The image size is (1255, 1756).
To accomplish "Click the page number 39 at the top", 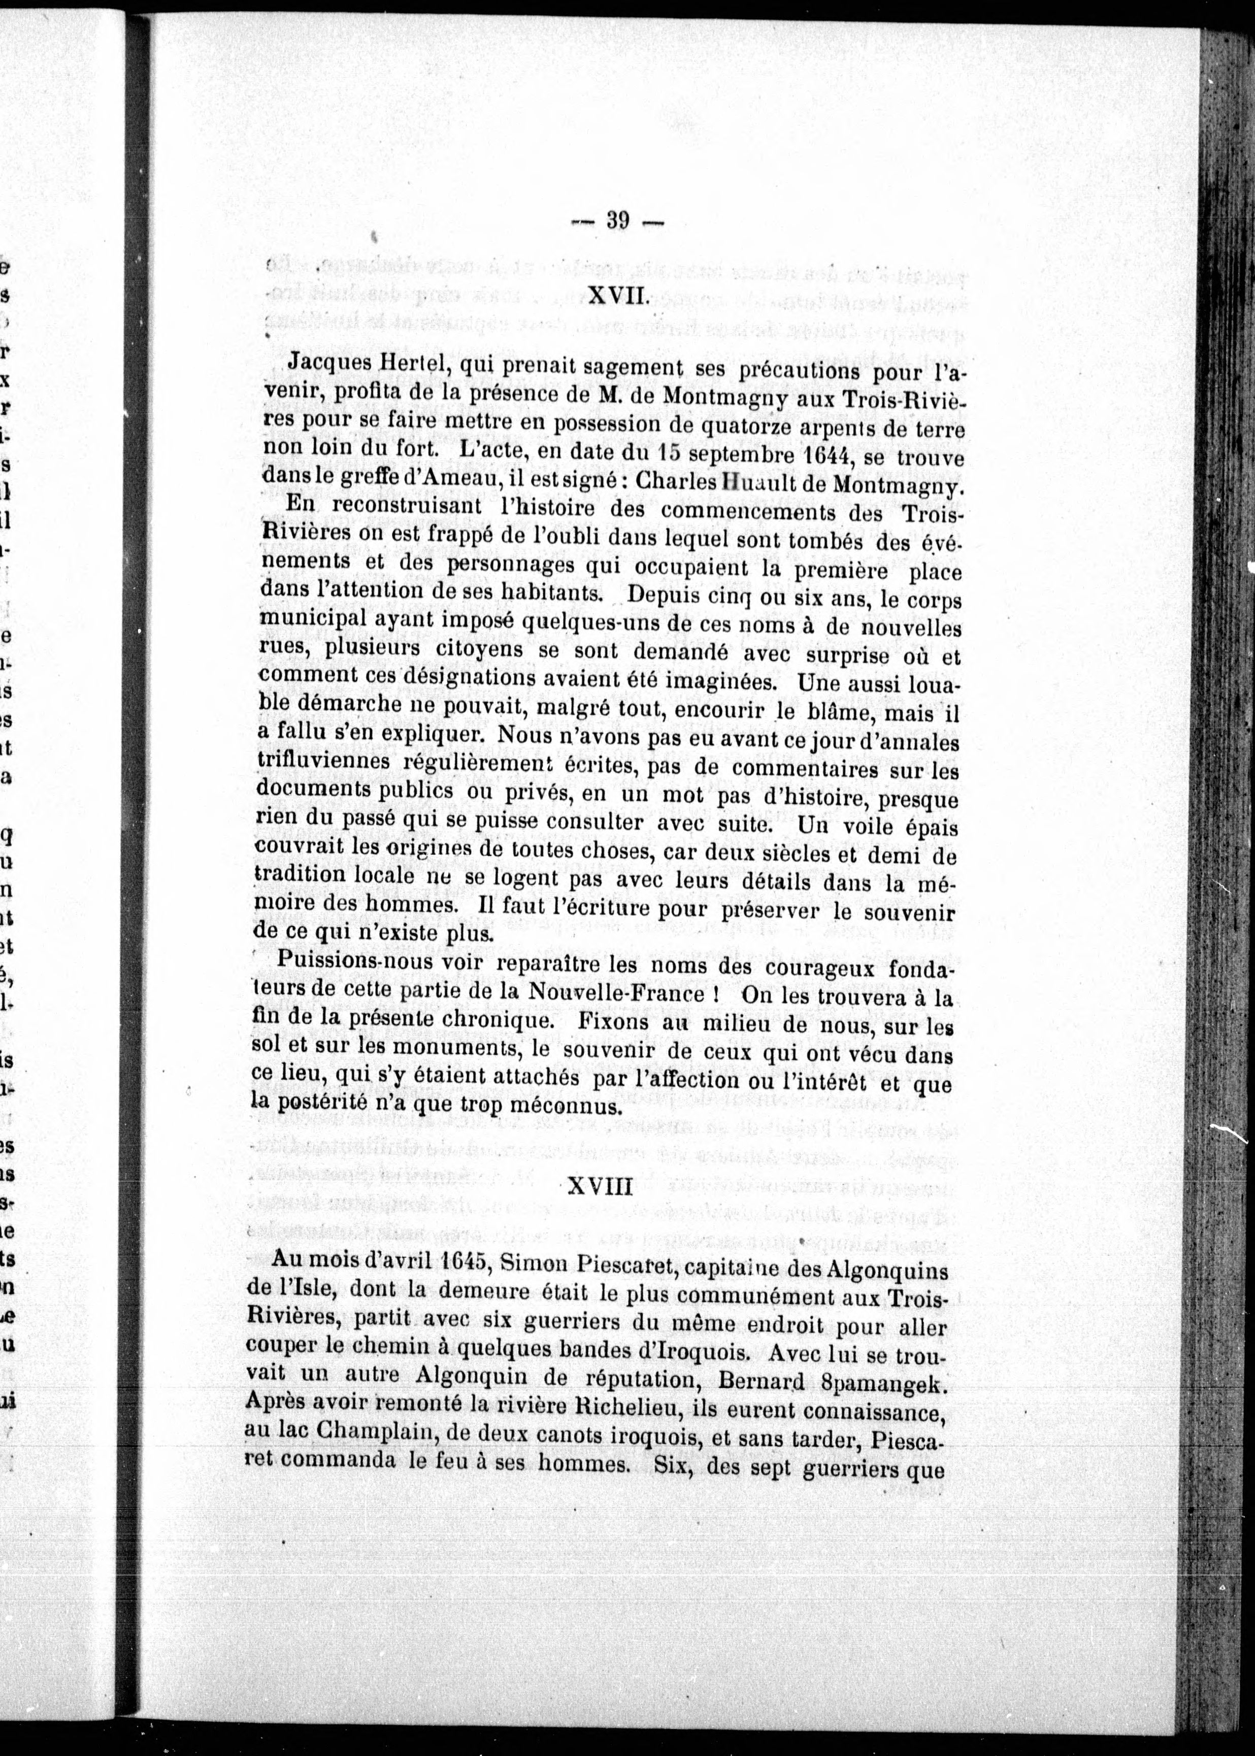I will (617, 221).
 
